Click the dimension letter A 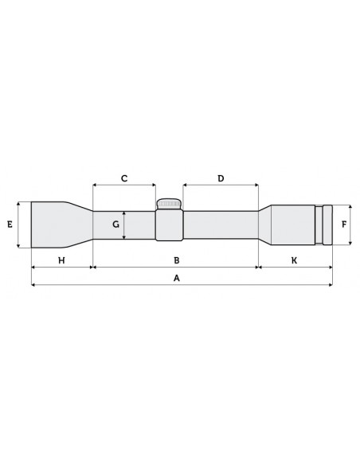point(177,279)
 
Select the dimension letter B point(177,260)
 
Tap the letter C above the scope point(124,178)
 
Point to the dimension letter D point(221,178)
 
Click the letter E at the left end point(10,225)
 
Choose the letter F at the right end point(344,225)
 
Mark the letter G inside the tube point(116,225)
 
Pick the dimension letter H point(61,260)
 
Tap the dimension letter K point(294,260)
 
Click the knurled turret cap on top point(169,203)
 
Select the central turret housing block point(169,225)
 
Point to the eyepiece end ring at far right point(327,225)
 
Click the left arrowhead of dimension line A point(33,285)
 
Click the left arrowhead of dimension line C point(95,186)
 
